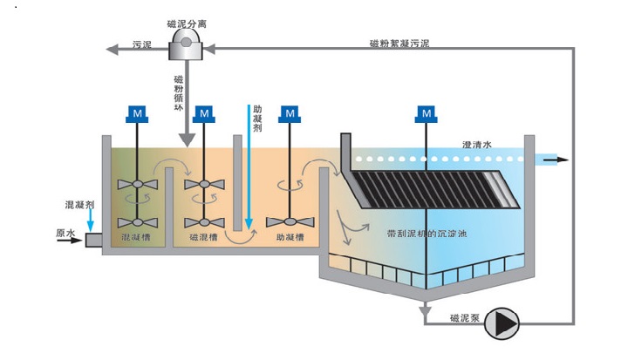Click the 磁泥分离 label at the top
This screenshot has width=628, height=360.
[185, 24]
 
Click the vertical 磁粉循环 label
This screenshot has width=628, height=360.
[178, 92]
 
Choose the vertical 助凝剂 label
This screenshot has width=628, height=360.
[257, 122]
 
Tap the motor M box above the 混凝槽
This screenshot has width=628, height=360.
[136, 113]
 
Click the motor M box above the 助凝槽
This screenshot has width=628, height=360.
[289, 113]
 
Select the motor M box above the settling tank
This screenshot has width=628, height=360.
[425, 113]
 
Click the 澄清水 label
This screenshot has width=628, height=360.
[477, 145]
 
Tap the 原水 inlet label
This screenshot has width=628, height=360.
[65, 233]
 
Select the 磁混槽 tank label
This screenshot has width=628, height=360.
[204, 236]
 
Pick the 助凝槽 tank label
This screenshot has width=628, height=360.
[290, 236]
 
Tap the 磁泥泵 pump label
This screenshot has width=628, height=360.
[465, 317]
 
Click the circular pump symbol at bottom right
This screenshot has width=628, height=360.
[503, 323]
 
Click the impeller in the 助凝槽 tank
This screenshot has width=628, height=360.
[289, 221]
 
